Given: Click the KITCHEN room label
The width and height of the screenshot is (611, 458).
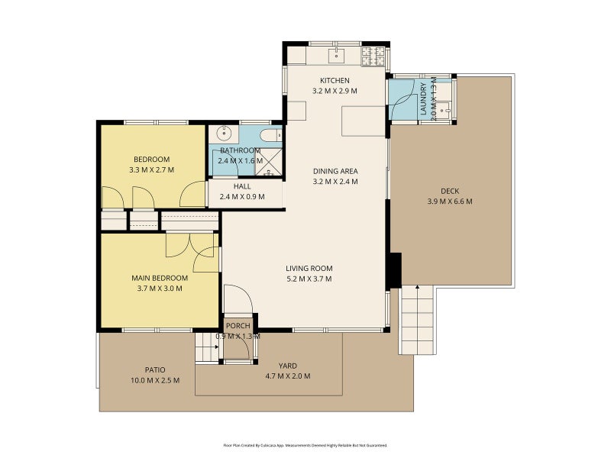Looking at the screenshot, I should tap(335, 80).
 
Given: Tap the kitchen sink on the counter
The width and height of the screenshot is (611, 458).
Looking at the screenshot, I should tap(336, 55).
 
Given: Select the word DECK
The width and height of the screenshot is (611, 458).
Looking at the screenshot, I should tap(450, 191).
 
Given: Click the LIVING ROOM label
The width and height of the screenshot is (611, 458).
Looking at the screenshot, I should tap(309, 268).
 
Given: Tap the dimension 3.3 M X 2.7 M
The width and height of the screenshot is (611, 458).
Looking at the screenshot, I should tap(153, 169).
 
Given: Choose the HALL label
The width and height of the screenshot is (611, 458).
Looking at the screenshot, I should tap(242, 186).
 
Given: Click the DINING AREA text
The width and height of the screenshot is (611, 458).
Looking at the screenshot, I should tap(335, 171).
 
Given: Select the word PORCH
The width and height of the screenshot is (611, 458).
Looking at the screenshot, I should tap(238, 326).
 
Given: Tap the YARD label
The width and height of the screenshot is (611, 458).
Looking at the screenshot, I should tap(287, 365).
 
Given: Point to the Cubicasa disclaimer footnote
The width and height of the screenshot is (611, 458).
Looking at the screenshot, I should tap(305, 445).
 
